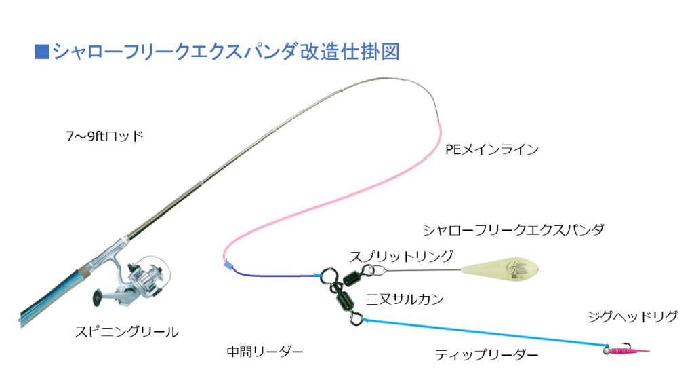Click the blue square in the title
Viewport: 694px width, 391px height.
pos(41,52)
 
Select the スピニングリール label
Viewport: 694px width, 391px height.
pos(127,332)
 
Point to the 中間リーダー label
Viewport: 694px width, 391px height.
pos(265,352)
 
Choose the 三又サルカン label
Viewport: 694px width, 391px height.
pos(405,299)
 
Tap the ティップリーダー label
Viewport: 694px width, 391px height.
pos(487,354)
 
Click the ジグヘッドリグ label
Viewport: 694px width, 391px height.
pos(632,317)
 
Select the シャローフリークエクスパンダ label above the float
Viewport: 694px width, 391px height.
pos(513,230)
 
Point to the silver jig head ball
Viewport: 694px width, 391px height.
pos(605,350)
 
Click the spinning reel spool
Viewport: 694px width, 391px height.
pos(150,276)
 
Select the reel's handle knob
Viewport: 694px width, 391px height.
pos(98,298)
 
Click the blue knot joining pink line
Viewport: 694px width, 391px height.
pos(228,263)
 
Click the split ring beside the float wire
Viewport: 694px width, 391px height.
pos(378,271)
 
